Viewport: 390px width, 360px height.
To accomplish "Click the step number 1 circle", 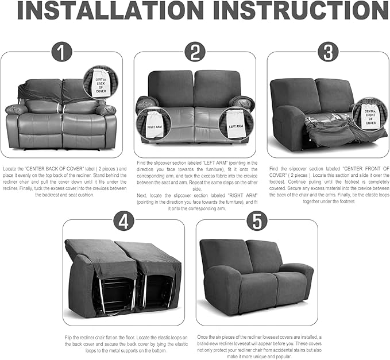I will (61, 53).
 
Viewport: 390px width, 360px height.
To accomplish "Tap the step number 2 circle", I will (195, 53).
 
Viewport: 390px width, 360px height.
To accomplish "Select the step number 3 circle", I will (327, 53).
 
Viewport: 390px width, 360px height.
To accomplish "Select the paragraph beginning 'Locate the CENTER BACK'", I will (62, 181).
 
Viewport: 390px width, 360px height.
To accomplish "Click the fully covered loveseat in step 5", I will (256, 276).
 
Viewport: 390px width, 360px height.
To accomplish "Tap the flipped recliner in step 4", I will (122, 276).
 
